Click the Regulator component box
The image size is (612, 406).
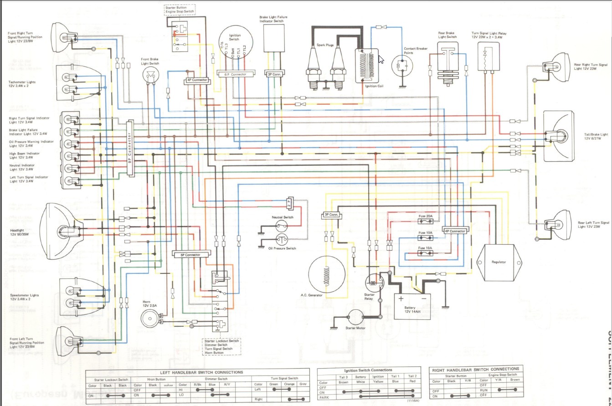coord(499,262)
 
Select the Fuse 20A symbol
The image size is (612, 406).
coord(426,222)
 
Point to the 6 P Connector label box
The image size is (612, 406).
coord(235,74)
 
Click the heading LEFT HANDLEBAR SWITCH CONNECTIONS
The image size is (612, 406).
coord(198,372)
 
